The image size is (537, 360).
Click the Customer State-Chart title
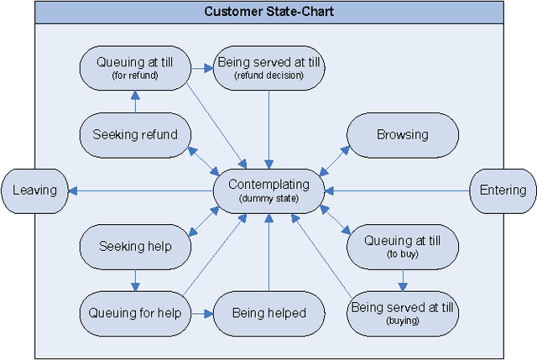click(x=268, y=12)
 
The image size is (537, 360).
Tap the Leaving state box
click(x=34, y=190)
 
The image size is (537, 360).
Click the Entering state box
click(x=503, y=190)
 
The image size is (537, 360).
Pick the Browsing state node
click(x=402, y=134)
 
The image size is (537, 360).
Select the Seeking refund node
click(x=135, y=134)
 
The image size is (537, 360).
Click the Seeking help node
click(x=135, y=246)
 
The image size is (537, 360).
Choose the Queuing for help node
click(x=135, y=313)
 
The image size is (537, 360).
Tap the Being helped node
click(x=268, y=313)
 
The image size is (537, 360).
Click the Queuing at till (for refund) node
click(x=135, y=67)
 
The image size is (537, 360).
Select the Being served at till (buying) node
click(x=402, y=313)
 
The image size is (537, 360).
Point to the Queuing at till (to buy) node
click(x=402, y=246)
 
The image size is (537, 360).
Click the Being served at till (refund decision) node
click(x=268, y=67)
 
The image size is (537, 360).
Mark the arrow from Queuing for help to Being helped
click(x=201, y=313)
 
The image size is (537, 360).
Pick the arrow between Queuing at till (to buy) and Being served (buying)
click(x=402, y=279)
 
